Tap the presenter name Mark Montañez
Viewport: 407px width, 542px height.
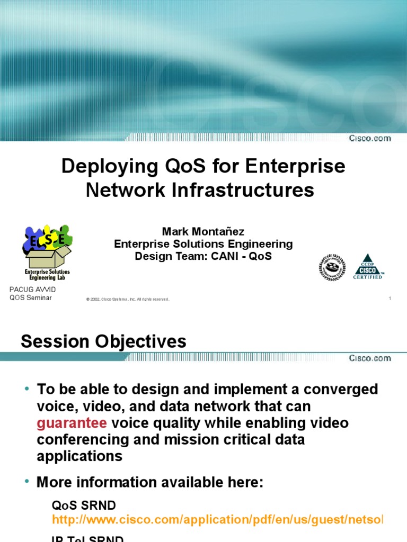pyautogui.click(x=203, y=232)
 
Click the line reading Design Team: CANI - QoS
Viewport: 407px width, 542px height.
pyautogui.click(x=203, y=256)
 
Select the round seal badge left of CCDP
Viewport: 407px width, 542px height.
pyautogui.click(x=332, y=267)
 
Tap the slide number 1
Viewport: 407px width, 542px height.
pyautogui.click(x=390, y=299)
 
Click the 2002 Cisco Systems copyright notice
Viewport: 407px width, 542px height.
pyautogui.click(x=127, y=300)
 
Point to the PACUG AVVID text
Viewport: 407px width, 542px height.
pyautogui.click(x=33, y=290)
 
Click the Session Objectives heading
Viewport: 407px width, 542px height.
pyautogui.click(x=103, y=341)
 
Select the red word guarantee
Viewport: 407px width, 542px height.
pyautogui.click(x=72, y=423)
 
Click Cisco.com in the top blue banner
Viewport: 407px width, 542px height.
pyautogui.click(x=369, y=139)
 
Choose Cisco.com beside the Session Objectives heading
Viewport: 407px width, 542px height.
pyautogui.click(x=369, y=358)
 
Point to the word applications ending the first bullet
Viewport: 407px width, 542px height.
pyautogui.click(x=79, y=456)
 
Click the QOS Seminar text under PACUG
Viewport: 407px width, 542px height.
pyautogui.click(x=31, y=297)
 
